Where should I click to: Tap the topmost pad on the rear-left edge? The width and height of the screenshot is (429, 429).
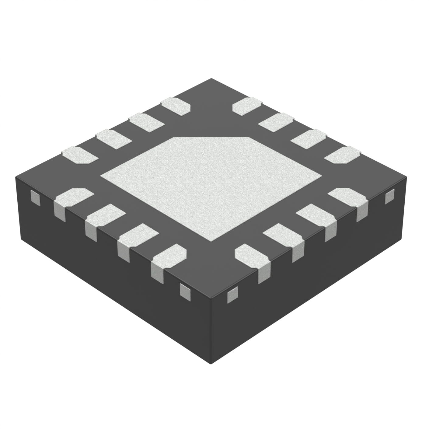coord(176,106)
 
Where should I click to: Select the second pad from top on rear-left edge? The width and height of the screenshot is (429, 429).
coord(146,122)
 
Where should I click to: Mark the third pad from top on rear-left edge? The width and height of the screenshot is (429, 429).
coord(113,139)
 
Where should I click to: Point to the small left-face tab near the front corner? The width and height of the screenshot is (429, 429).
coord(185,291)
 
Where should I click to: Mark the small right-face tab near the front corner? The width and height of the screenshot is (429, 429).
coord(233,295)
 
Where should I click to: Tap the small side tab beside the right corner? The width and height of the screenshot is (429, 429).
coord(389,196)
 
